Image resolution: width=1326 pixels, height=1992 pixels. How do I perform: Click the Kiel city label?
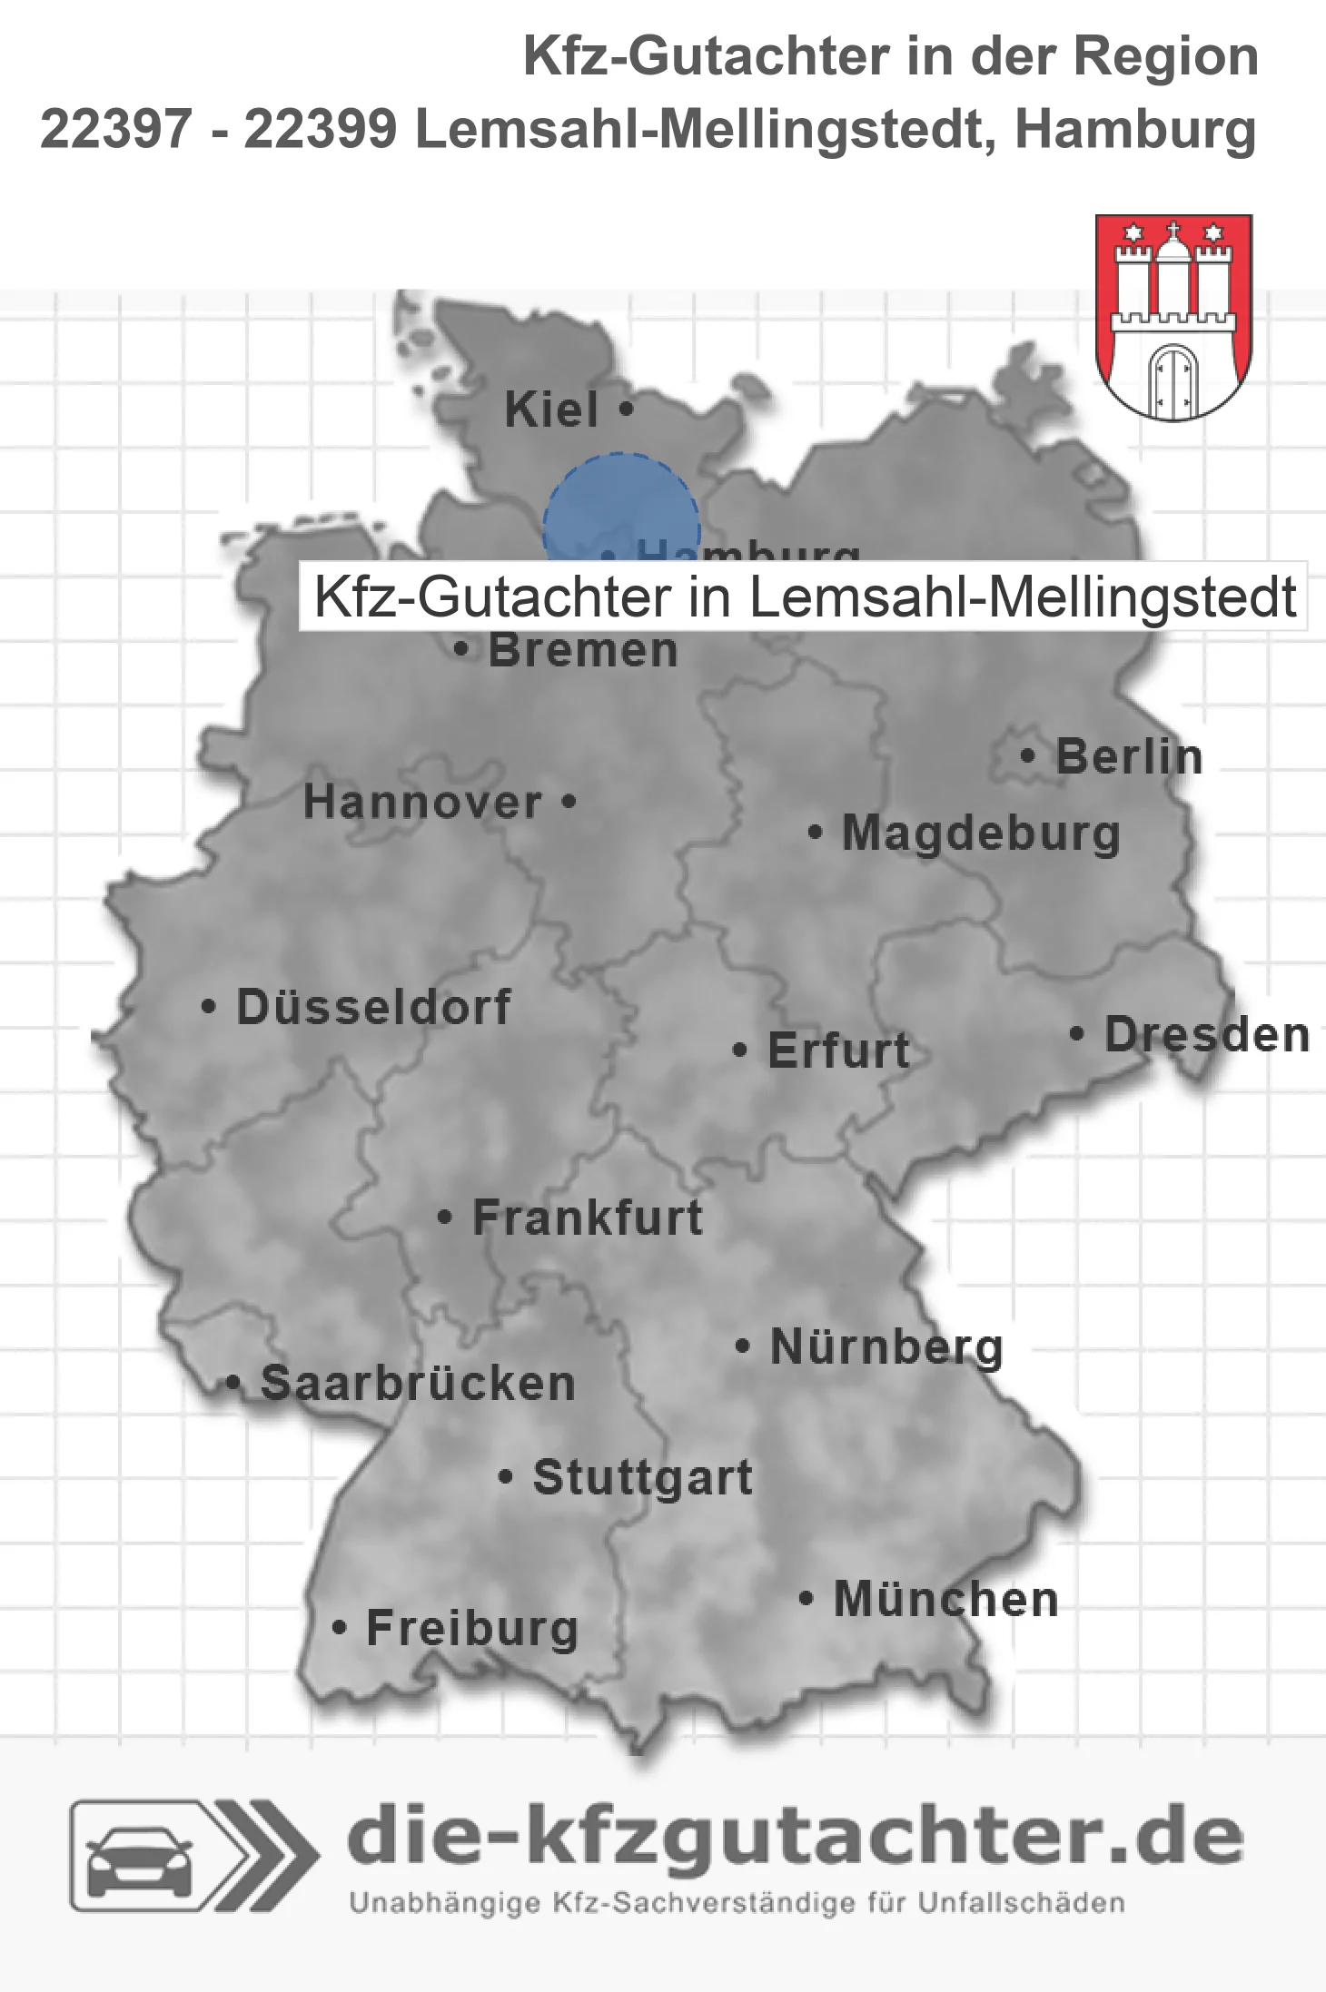click(551, 409)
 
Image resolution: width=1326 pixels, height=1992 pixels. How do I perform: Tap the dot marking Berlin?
click(1027, 755)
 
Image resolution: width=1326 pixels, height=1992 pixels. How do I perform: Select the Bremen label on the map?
click(583, 650)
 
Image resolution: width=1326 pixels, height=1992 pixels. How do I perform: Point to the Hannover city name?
click(422, 802)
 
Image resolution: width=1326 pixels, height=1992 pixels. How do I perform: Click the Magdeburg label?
click(981, 833)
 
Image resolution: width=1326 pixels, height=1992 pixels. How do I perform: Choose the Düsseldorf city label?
click(373, 1007)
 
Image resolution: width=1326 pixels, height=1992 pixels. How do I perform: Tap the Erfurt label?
click(838, 1050)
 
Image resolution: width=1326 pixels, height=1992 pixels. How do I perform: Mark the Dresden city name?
click(1207, 1035)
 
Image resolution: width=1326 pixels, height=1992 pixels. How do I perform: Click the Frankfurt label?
click(588, 1218)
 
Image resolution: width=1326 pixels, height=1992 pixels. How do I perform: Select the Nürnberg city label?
click(886, 1346)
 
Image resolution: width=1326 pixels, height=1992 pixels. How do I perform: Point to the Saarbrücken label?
click(418, 1384)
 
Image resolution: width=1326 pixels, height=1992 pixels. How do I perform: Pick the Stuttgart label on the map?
click(642, 1477)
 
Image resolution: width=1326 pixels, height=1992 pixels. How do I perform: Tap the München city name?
click(945, 1599)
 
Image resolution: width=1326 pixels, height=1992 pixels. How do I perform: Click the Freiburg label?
click(472, 1629)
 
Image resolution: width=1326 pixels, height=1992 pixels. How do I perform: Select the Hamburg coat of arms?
click(1173, 317)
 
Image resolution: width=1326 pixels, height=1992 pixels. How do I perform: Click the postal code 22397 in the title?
click(116, 130)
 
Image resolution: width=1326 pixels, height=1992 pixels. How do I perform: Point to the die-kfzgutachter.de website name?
click(795, 1838)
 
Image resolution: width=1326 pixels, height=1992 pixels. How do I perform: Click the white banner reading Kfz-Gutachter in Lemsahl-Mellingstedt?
click(803, 597)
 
